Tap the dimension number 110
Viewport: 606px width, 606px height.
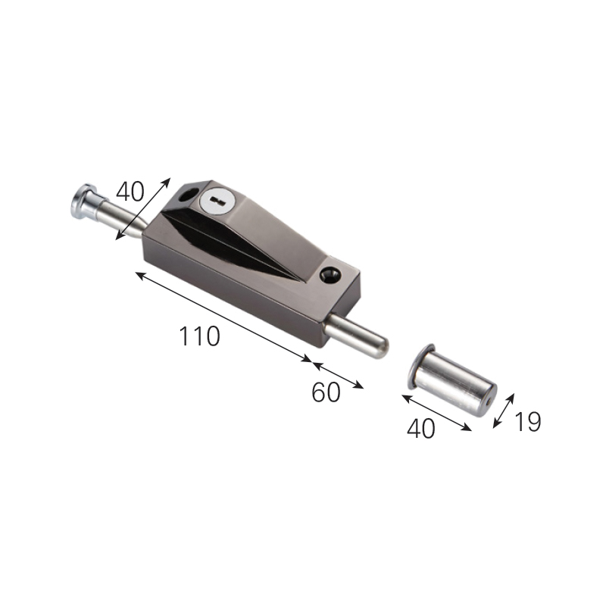pos(199,336)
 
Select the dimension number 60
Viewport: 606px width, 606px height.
pos(326,392)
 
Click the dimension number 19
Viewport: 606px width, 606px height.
pos(527,422)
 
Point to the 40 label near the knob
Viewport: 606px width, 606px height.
pos(130,192)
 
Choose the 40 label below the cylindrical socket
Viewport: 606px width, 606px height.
pos(421,428)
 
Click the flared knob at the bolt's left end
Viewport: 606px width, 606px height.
pos(83,201)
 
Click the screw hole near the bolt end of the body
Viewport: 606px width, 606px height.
pos(330,275)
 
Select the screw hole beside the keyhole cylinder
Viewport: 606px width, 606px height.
pos(187,195)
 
